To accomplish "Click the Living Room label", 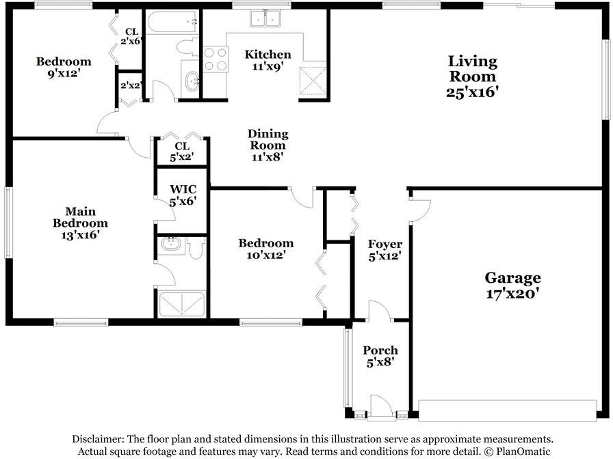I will (x=472, y=76).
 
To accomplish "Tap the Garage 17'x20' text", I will (x=512, y=286).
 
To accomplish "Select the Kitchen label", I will (x=268, y=61).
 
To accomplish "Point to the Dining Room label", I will (x=268, y=145).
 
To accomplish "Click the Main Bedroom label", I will (x=80, y=223).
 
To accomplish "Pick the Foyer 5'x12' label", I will (x=384, y=250).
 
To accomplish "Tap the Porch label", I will (x=380, y=357).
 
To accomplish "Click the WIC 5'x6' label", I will (x=183, y=195).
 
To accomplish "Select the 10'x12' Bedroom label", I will (x=265, y=249).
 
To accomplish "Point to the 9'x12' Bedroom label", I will (x=64, y=67).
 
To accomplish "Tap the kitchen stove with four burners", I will (x=216, y=59).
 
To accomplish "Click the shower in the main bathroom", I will (x=182, y=304).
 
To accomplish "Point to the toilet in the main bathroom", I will (x=196, y=248).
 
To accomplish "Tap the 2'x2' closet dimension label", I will (x=131, y=86).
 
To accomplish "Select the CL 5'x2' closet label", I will (x=181, y=152).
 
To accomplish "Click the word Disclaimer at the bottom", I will (x=97, y=439).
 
